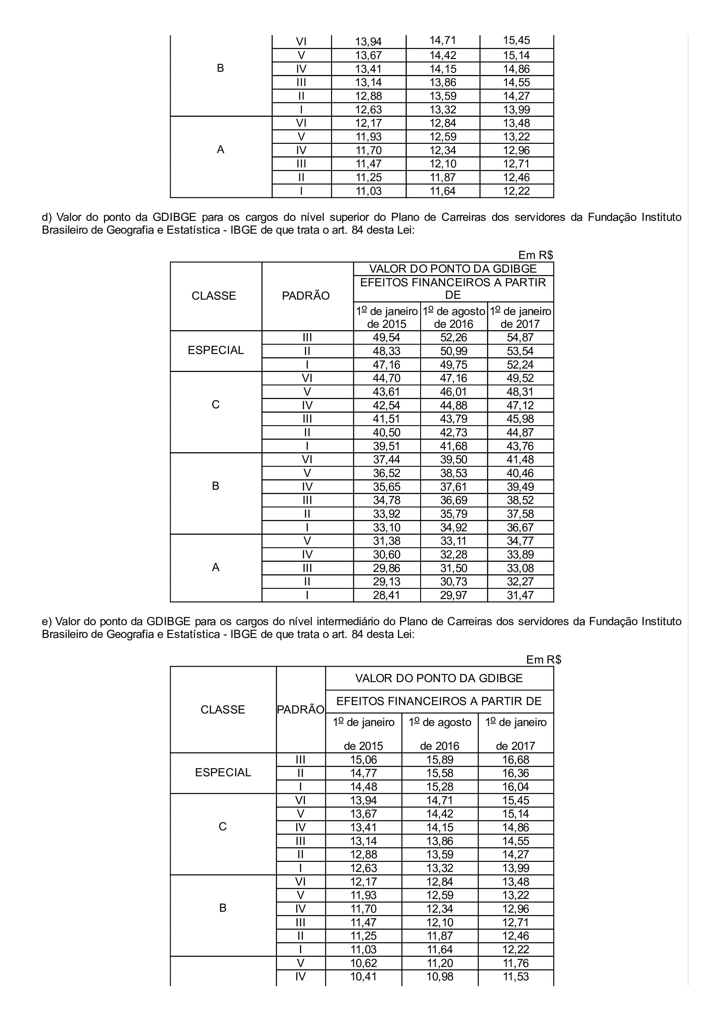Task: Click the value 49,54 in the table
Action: click(386, 337)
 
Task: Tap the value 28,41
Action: click(386, 595)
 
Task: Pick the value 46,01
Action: click(453, 392)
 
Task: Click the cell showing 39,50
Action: click(453, 459)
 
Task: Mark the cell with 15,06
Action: click(363, 759)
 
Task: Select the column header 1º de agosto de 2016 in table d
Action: click(453, 317)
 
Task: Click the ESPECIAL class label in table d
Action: click(216, 351)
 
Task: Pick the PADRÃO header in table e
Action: click(301, 710)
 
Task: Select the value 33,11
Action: click(453, 541)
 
